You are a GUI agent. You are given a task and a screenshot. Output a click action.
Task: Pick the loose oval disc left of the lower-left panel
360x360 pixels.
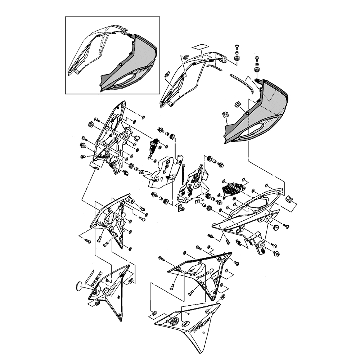(78, 287)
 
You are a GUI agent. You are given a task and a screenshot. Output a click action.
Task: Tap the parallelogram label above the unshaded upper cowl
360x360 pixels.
(201, 47)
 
